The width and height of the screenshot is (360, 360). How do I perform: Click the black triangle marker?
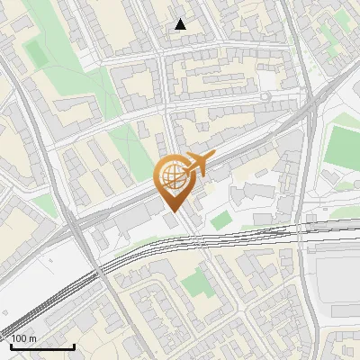[181, 24]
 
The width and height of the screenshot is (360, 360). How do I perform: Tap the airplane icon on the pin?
[201, 164]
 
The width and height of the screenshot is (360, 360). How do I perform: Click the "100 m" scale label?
[24, 338]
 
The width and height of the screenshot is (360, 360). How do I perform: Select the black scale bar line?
[42, 346]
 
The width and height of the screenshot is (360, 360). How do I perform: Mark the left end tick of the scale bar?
[11, 345]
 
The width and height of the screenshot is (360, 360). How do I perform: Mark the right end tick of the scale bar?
[74, 345]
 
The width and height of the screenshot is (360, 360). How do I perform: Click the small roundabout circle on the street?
[266, 96]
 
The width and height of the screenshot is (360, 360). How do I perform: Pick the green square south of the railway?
[194, 287]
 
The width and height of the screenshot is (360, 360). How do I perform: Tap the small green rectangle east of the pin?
[220, 220]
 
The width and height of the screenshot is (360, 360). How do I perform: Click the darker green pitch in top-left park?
[36, 53]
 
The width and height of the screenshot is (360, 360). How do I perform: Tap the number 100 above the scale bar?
[19, 338]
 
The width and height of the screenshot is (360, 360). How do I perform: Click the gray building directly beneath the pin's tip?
[171, 220]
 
